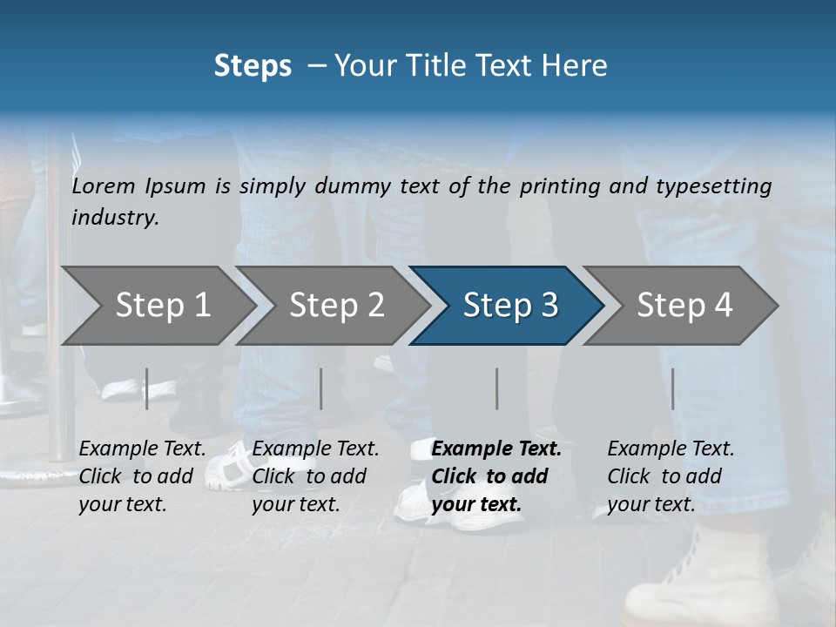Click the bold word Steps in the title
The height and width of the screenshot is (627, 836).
pyautogui.click(x=253, y=66)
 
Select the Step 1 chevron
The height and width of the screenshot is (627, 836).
pyautogui.click(x=162, y=306)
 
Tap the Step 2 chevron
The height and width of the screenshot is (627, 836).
pyautogui.click(x=336, y=306)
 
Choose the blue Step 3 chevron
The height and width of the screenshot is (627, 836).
pyautogui.click(x=509, y=306)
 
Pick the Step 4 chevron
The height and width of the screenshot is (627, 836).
pyautogui.click(x=684, y=306)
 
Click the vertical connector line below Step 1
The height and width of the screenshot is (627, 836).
pyautogui.click(x=147, y=388)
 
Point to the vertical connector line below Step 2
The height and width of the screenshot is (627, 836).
pyautogui.click(x=321, y=388)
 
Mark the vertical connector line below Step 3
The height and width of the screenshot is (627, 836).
pyautogui.click(x=497, y=388)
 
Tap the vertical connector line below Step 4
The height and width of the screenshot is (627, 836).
pyautogui.click(x=673, y=388)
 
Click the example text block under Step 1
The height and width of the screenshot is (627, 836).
pyautogui.click(x=142, y=476)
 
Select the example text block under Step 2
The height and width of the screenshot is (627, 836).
pyautogui.click(x=315, y=476)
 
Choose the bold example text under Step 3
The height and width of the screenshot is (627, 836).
pyautogui.click(x=496, y=476)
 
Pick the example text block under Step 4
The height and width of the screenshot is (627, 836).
pyautogui.click(x=671, y=476)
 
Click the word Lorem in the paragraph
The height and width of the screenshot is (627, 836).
pyautogui.click(x=104, y=185)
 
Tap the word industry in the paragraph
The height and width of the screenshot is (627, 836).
pyautogui.click(x=115, y=218)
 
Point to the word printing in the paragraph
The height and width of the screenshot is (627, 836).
pyautogui.click(x=557, y=185)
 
